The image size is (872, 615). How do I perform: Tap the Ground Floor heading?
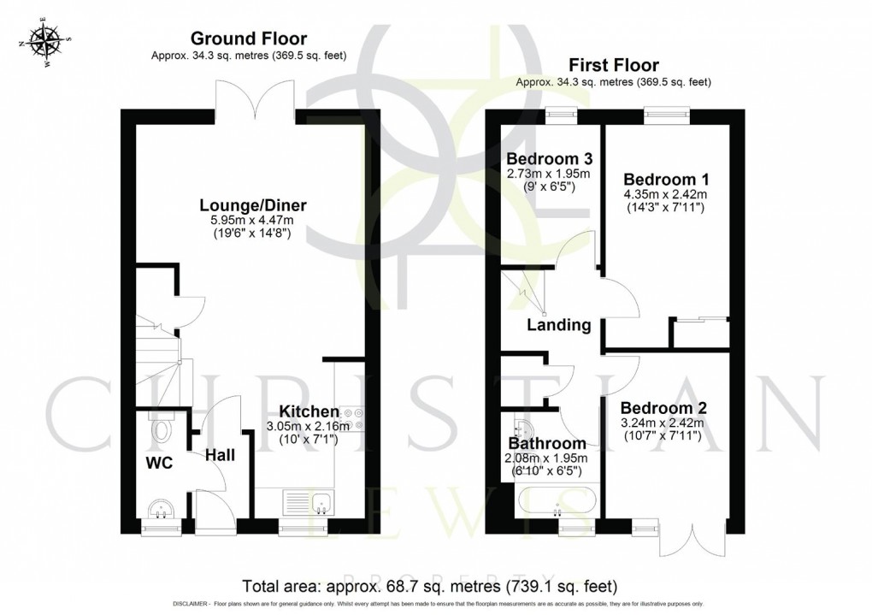248,38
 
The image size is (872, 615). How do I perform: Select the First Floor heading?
613,65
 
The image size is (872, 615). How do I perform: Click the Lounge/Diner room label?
253,205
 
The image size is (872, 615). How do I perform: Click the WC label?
160,464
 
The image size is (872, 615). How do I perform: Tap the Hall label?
220,457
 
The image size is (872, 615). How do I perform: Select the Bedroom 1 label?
666,180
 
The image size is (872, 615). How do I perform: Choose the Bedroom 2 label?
663,407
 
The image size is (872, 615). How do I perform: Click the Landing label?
558,325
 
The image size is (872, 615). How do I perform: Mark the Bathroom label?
547,443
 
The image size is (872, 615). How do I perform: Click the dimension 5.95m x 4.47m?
252,221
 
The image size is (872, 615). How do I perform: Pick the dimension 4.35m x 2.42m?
666,194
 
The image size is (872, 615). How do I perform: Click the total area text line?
429,586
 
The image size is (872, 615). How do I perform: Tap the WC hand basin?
161,510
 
